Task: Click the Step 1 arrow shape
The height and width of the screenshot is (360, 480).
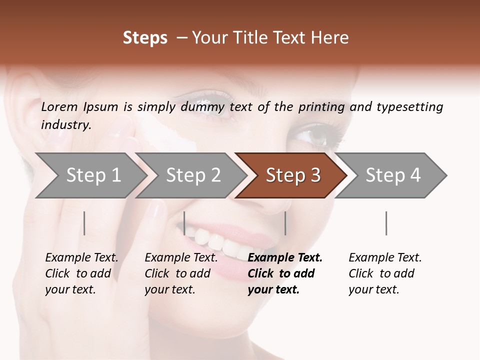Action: coord(90,175)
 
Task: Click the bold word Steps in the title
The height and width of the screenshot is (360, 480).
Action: coord(145,38)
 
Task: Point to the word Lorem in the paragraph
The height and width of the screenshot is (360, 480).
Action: coord(59,106)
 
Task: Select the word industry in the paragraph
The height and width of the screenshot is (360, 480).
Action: coord(65,124)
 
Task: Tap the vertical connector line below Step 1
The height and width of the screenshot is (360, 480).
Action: coord(84,223)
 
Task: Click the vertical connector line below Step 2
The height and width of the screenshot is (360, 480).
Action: coord(184,223)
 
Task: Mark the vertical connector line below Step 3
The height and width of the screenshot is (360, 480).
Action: coord(285,223)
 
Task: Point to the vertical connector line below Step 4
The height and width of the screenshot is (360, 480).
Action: coord(386,223)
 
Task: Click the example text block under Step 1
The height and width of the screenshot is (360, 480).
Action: coord(81,273)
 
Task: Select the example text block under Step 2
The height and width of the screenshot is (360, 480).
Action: coord(181,273)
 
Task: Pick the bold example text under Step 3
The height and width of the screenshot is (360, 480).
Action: coord(285,273)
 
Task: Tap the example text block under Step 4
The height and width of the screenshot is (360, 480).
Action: coord(385,273)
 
